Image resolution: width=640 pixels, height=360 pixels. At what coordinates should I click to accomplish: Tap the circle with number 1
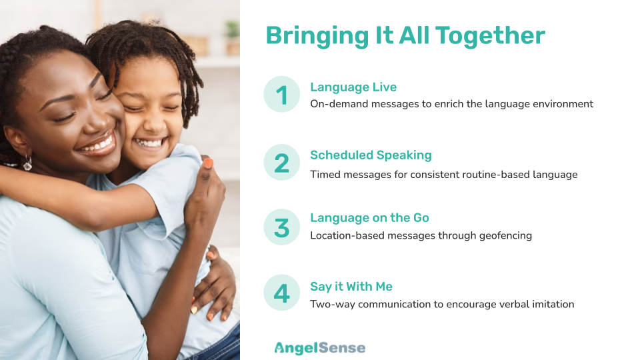(281, 94)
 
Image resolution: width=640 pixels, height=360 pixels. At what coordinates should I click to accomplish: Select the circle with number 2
(281, 163)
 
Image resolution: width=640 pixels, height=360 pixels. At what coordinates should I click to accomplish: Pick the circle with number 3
(281, 227)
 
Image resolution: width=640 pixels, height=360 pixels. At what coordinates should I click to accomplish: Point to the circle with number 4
(281, 292)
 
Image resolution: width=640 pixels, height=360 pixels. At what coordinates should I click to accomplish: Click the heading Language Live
(353, 87)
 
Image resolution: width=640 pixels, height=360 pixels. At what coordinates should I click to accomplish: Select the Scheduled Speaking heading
(371, 155)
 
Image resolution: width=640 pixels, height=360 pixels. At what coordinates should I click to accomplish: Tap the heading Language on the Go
(369, 218)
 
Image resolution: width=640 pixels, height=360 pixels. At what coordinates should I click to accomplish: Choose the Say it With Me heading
(351, 287)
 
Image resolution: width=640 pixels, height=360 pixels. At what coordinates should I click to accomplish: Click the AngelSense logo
(320, 348)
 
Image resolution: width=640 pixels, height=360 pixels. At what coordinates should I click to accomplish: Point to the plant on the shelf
(233, 33)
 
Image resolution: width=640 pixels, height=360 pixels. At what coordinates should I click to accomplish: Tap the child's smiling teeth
(149, 143)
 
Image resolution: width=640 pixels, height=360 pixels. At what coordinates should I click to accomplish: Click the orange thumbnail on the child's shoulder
(208, 163)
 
